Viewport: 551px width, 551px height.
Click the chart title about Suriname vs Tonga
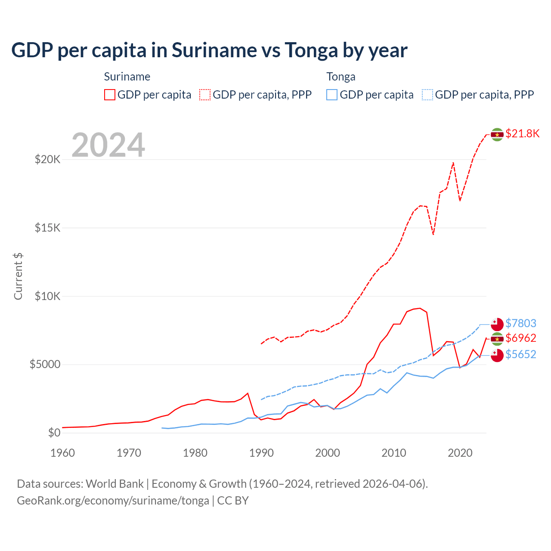point(209,50)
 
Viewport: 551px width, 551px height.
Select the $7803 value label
point(520,323)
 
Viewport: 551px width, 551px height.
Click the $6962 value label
point(520,338)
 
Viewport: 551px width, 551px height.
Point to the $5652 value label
point(520,354)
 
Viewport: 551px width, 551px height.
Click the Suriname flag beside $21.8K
point(497,135)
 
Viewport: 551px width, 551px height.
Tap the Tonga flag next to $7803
point(497,324)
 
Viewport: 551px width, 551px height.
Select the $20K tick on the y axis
point(47,160)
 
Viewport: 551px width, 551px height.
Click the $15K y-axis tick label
point(47,228)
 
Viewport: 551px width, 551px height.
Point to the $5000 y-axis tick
point(45,365)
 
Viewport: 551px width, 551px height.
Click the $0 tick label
point(54,433)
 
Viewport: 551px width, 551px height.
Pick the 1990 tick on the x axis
point(261,453)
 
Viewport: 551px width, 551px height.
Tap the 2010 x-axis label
point(394,453)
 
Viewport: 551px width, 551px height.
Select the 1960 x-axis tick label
point(63,453)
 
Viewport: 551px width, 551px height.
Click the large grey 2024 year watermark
point(108,145)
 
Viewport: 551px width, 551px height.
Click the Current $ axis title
point(18,276)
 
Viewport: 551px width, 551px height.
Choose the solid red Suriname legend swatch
point(110,95)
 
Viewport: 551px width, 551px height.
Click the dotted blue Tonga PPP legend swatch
point(427,95)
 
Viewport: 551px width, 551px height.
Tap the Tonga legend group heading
point(341,77)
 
